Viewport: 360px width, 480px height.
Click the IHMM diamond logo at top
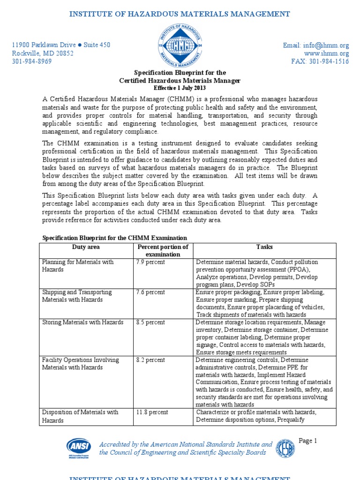(180, 45)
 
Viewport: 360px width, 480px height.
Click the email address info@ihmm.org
(316, 45)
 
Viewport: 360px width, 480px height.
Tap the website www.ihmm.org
(326, 53)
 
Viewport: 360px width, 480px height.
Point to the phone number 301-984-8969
(31, 61)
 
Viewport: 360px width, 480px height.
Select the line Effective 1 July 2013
(180, 88)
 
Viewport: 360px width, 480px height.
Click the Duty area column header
(86, 247)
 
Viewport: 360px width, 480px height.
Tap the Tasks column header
(264, 247)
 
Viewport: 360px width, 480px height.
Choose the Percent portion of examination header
(162, 250)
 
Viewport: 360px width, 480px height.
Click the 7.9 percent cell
(150, 262)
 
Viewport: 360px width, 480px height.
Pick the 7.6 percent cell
(150, 292)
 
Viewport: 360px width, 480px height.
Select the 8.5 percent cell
(150, 322)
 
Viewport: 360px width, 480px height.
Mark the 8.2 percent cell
(150, 360)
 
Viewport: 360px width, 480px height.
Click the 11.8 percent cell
(152, 412)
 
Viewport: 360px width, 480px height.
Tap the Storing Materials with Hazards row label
(83, 322)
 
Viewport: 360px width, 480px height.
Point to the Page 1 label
(308, 441)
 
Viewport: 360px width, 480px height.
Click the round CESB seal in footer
(285, 448)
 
